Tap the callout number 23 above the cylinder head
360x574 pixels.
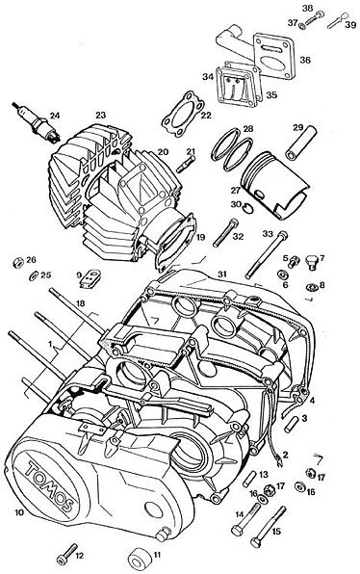[x=101, y=116]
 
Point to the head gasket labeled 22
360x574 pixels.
[x=182, y=114]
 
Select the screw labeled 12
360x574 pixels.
[x=67, y=554]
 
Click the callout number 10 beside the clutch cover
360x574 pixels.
[x=19, y=512]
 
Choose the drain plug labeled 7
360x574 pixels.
[x=312, y=260]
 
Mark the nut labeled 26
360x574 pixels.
[x=18, y=262]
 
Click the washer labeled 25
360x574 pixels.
[x=34, y=275]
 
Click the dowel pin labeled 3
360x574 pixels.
[x=291, y=425]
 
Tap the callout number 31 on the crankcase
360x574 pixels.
[x=222, y=274]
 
